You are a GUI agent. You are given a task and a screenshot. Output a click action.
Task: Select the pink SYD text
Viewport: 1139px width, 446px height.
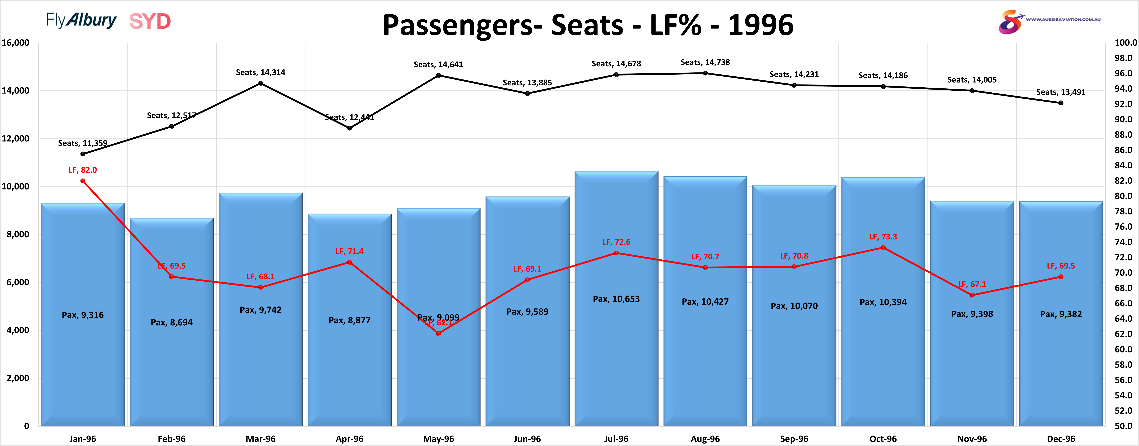[150, 21]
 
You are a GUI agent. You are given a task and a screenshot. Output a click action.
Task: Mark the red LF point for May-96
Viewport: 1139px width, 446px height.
[438, 333]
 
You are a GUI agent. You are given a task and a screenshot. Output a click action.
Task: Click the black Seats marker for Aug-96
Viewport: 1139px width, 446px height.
[705, 73]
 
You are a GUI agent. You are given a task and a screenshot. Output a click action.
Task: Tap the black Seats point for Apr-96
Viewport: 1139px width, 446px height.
[349, 128]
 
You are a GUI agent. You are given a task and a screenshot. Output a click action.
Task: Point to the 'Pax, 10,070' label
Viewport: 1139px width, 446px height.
[794, 306]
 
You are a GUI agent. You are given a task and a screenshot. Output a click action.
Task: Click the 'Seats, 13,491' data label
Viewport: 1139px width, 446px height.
[1061, 92]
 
